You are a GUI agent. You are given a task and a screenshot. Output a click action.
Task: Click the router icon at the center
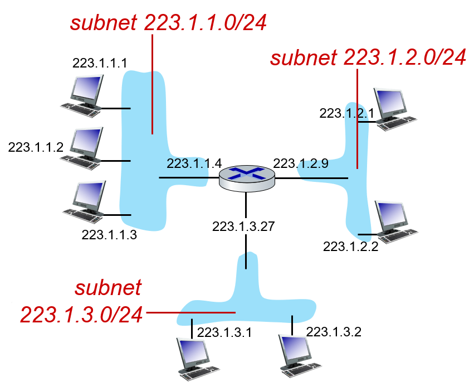click(247, 178)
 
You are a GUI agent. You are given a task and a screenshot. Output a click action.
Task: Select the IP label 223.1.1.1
click(100, 63)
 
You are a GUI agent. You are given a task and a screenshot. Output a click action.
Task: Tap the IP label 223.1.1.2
click(36, 147)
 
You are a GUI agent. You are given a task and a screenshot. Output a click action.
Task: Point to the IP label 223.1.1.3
click(109, 235)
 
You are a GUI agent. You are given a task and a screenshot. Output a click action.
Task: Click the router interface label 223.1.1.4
click(194, 163)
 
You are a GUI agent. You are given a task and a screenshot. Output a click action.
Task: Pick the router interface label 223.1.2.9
click(301, 163)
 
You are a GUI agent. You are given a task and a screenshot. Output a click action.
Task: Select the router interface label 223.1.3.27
click(243, 226)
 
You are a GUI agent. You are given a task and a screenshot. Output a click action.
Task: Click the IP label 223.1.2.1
click(347, 113)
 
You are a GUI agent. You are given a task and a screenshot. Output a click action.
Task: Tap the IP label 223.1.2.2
click(351, 247)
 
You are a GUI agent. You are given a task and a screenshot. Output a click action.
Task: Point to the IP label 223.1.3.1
click(224, 332)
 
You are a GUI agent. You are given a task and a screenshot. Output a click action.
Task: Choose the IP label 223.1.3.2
click(334, 332)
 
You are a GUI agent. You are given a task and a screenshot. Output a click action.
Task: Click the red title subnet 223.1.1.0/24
click(168, 22)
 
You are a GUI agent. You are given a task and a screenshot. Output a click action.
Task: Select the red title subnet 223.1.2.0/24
click(368, 57)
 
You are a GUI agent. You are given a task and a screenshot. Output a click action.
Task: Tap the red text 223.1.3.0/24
click(81, 315)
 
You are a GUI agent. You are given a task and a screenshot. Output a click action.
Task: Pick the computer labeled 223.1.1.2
click(81, 148)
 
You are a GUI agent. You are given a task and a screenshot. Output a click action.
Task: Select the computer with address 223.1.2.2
click(397, 222)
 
